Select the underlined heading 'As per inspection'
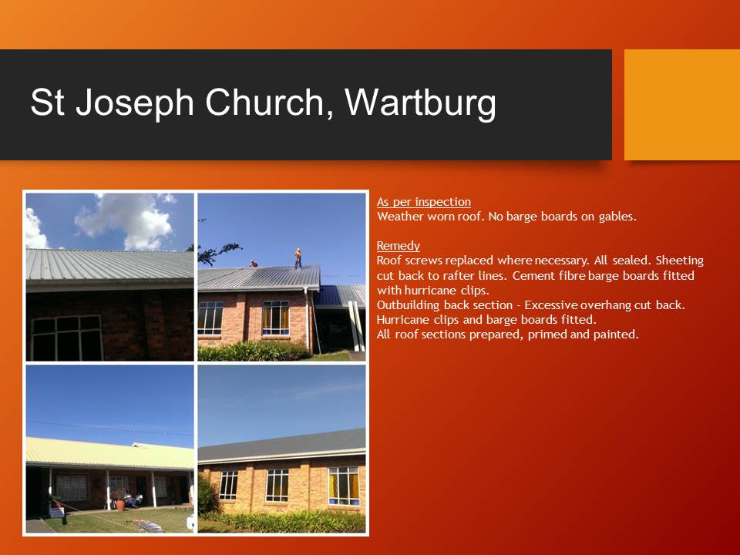point(423,202)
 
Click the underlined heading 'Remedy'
point(398,246)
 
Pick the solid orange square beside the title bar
point(681,105)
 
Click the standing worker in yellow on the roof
point(298,257)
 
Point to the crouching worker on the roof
point(254,264)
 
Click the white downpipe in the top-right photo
point(310,320)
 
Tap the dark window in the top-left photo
point(66,337)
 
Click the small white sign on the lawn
point(56,511)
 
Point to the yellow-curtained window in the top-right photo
point(275,318)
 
